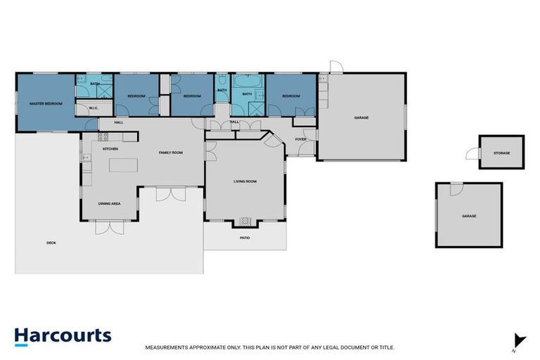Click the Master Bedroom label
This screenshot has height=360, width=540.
46,103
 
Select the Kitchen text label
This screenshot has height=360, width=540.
110,149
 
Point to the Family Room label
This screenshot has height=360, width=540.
170,153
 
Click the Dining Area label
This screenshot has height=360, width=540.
109,203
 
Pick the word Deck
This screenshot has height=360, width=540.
51,243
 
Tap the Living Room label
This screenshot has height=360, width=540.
245,181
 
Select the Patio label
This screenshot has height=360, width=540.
245,238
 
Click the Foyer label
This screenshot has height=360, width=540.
300,139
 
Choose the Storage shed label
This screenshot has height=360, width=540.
501,153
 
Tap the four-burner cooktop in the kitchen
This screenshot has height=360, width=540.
103,136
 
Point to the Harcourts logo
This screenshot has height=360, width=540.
63,335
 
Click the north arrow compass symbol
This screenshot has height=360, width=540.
519,340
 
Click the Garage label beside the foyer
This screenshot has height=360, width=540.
361,117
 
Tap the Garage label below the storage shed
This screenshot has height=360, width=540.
469,216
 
